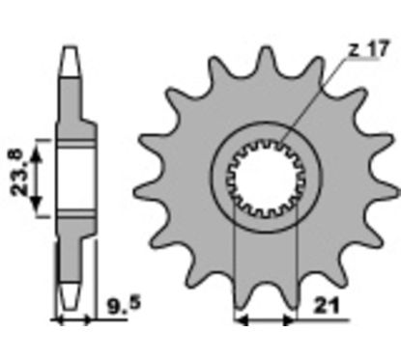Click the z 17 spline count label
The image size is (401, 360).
(x=369, y=49)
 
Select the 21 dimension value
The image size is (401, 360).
(x=326, y=306)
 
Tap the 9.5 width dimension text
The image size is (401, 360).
(x=124, y=306)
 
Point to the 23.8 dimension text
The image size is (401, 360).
(x=17, y=173)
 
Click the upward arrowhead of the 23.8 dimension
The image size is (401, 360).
(x=37, y=154)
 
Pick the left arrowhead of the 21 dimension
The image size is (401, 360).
(x=241, y=320)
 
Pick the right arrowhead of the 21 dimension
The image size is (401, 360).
(x=289, y=320)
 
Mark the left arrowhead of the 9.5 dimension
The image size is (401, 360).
(x=58, y=319)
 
